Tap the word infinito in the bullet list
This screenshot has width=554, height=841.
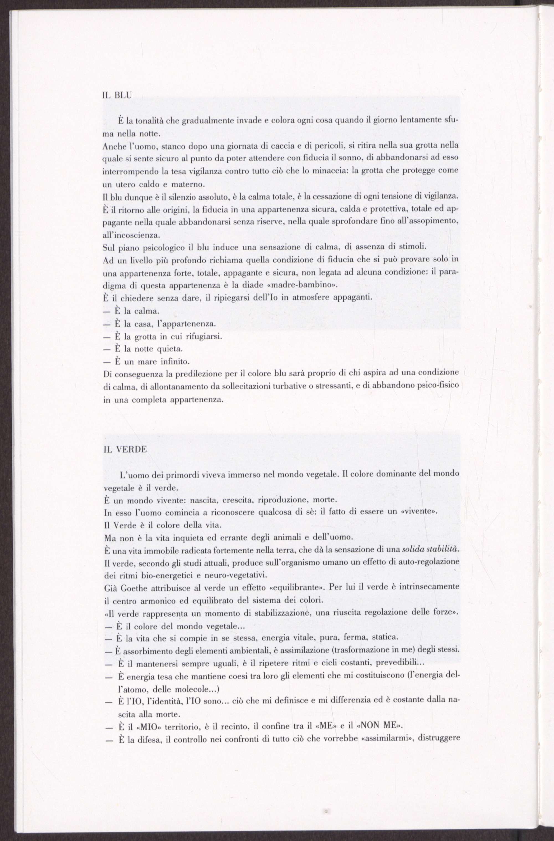176,362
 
